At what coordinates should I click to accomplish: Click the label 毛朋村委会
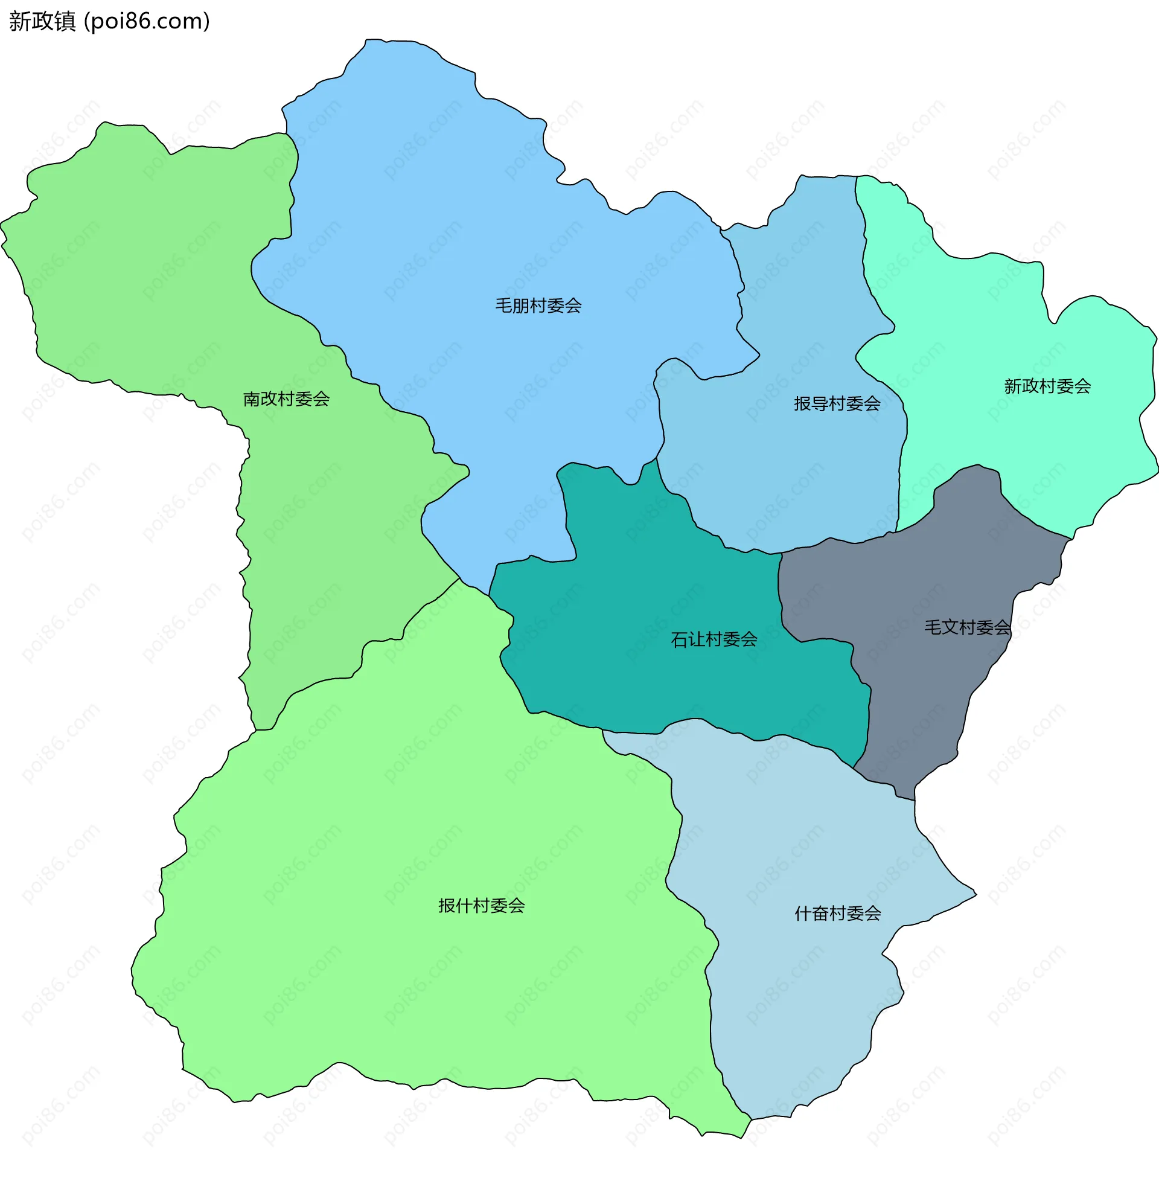(x=538, y=306)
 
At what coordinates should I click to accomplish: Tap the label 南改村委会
(x=286, y=399)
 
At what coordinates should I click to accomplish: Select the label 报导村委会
(x=837, y=403)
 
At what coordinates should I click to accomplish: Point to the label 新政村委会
(x=1047, y=386)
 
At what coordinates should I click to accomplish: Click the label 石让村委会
(x=714, y=640)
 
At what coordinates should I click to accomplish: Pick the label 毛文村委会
(x=967, y=628)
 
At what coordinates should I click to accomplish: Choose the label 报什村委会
(x=482, y=906)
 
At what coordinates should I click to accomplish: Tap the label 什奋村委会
(x=838, y=913)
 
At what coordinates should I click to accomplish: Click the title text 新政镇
(x=42, y=22)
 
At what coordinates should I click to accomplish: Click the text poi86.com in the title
(x=147, y=22)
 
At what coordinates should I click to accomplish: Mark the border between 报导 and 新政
(x=863, y=255)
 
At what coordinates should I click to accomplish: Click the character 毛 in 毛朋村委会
(x=503, y=306)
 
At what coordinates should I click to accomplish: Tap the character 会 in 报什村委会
(x=517, y=906)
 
